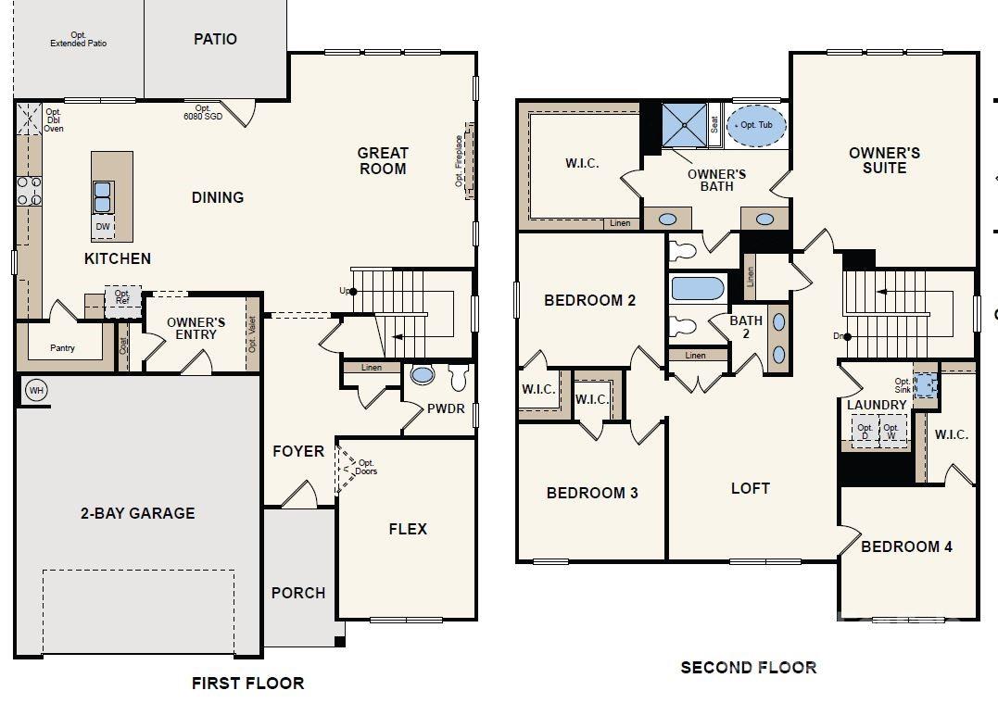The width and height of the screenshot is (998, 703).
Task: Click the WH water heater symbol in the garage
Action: point(36,390)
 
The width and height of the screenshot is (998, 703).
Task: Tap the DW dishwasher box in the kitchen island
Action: point(103,227)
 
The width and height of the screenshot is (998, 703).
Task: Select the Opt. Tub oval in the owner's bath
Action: point(755,126)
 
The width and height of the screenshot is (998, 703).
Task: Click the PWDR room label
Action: point(446,408)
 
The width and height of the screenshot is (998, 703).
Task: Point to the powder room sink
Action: point(423,376)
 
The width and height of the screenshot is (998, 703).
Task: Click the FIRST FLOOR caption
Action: point(247,684)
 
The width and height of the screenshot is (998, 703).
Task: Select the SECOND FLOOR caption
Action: point(749,667)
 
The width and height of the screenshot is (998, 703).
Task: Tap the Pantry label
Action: point(63,348)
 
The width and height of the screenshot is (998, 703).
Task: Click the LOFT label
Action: point(750,488)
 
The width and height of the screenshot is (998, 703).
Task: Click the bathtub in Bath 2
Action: point(697,288)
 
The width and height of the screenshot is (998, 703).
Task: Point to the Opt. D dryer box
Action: point(865,432)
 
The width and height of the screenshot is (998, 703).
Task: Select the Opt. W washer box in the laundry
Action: point(891,432)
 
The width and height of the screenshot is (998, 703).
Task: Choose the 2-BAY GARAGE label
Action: point(136,513)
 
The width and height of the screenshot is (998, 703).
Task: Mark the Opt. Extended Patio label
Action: point(79,40)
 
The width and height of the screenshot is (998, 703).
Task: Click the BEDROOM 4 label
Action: point(906,546)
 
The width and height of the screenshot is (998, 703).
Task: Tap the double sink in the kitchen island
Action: point(103,196)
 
